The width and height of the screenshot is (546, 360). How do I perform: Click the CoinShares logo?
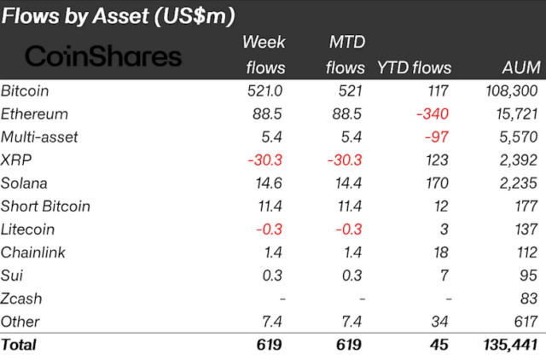coord(103,56)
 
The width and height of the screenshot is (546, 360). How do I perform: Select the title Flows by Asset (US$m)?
coord(119,15)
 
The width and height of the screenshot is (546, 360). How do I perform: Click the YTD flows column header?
coord(415,67)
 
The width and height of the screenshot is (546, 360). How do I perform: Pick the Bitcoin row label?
coord(26,90)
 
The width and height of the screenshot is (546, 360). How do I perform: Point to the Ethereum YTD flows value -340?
coord(433,113)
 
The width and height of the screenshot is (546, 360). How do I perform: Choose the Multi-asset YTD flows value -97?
coord(438,136)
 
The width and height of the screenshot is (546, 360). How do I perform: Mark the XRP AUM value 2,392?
coord(517,160)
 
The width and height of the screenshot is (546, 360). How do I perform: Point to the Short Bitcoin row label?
coord(45,206)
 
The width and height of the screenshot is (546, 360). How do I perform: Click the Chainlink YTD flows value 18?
coord(443,253)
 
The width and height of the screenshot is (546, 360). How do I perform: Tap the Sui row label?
coord(12,276)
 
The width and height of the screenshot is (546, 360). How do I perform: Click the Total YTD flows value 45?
coord(440,345)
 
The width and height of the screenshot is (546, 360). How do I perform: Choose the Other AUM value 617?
coord(525,322)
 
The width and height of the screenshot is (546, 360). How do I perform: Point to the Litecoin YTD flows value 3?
coord(447,229)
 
